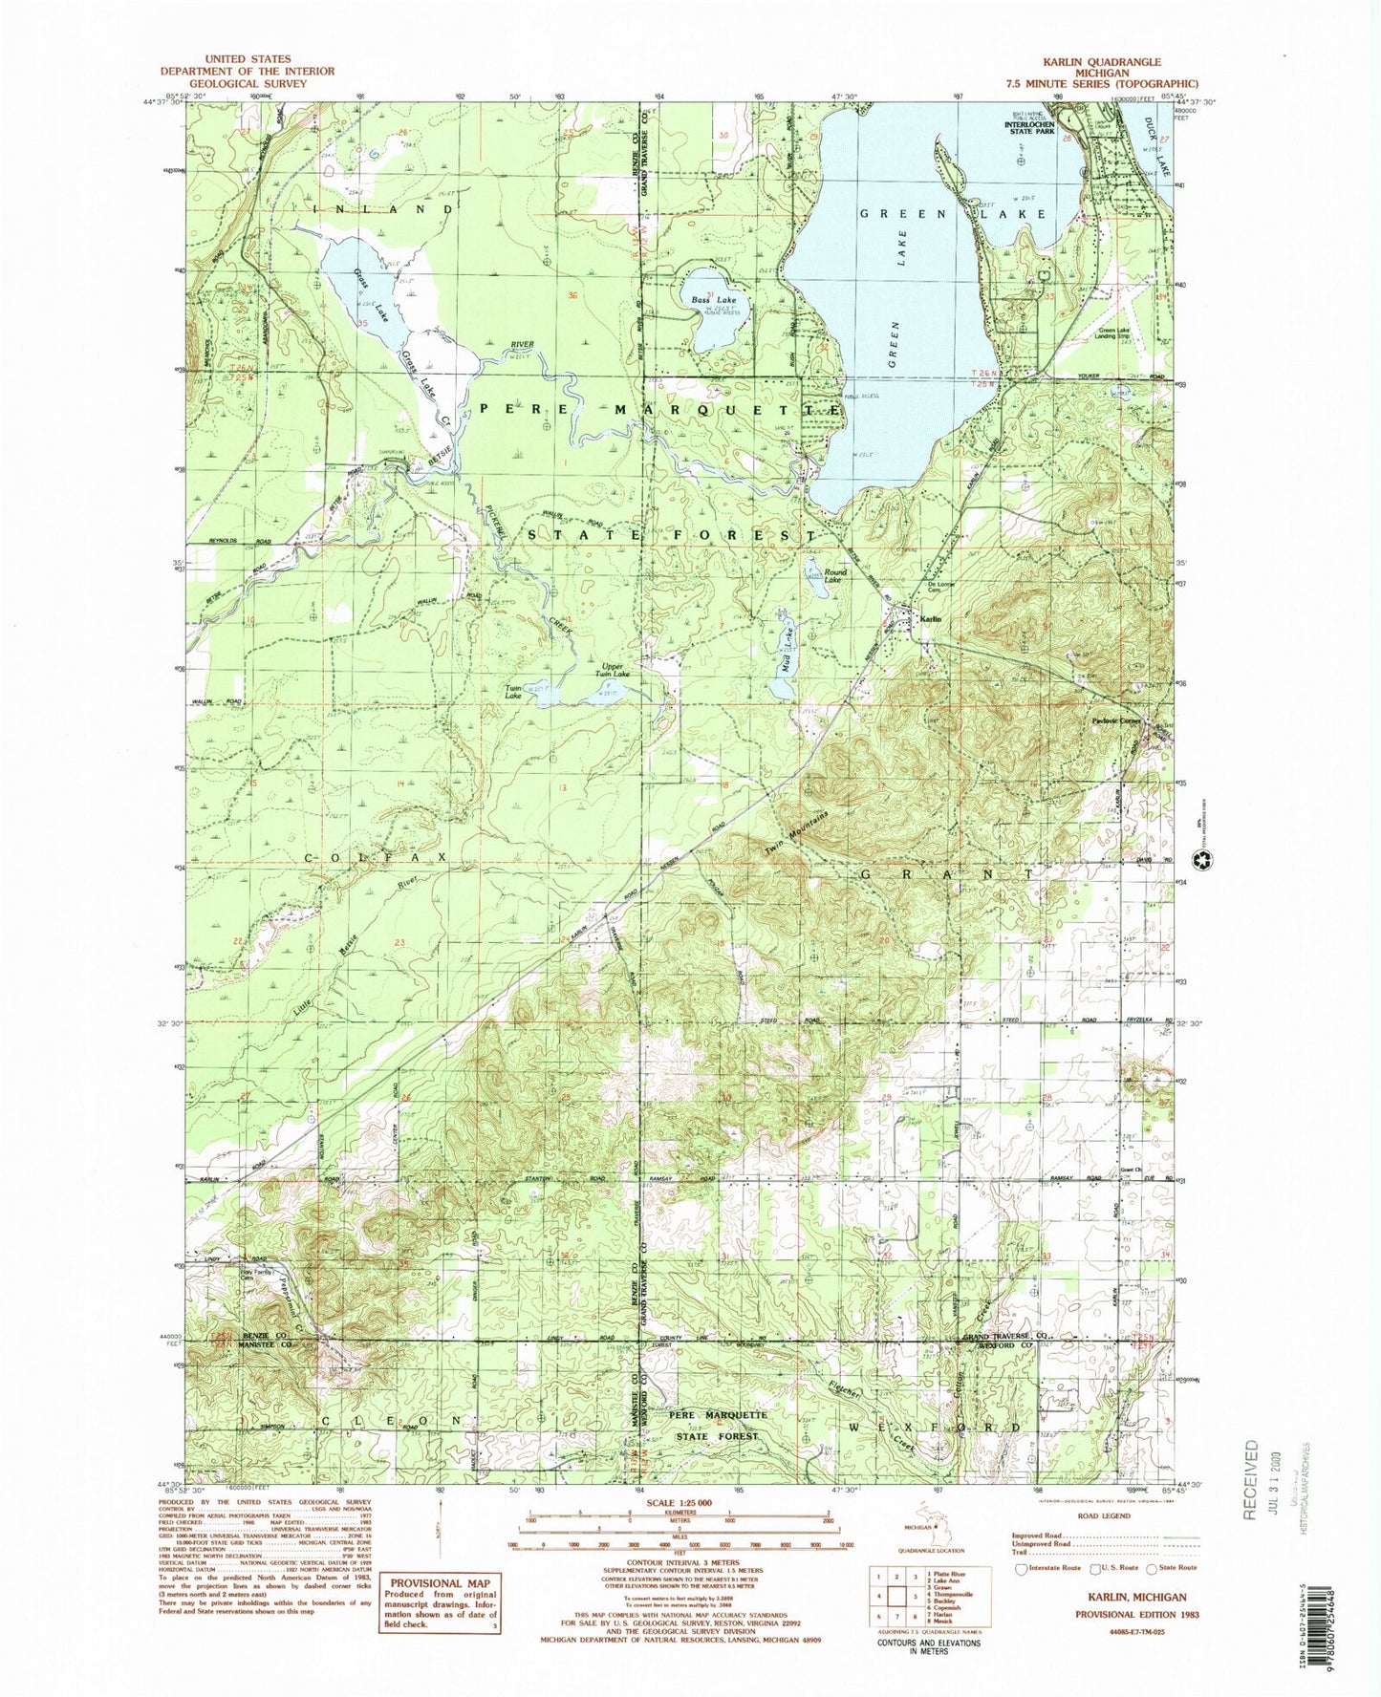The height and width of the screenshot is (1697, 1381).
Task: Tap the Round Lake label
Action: pyautogui.click(x=834, y=576)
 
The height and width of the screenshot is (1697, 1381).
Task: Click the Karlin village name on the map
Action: pyautogui.click(x=930, y=619)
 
